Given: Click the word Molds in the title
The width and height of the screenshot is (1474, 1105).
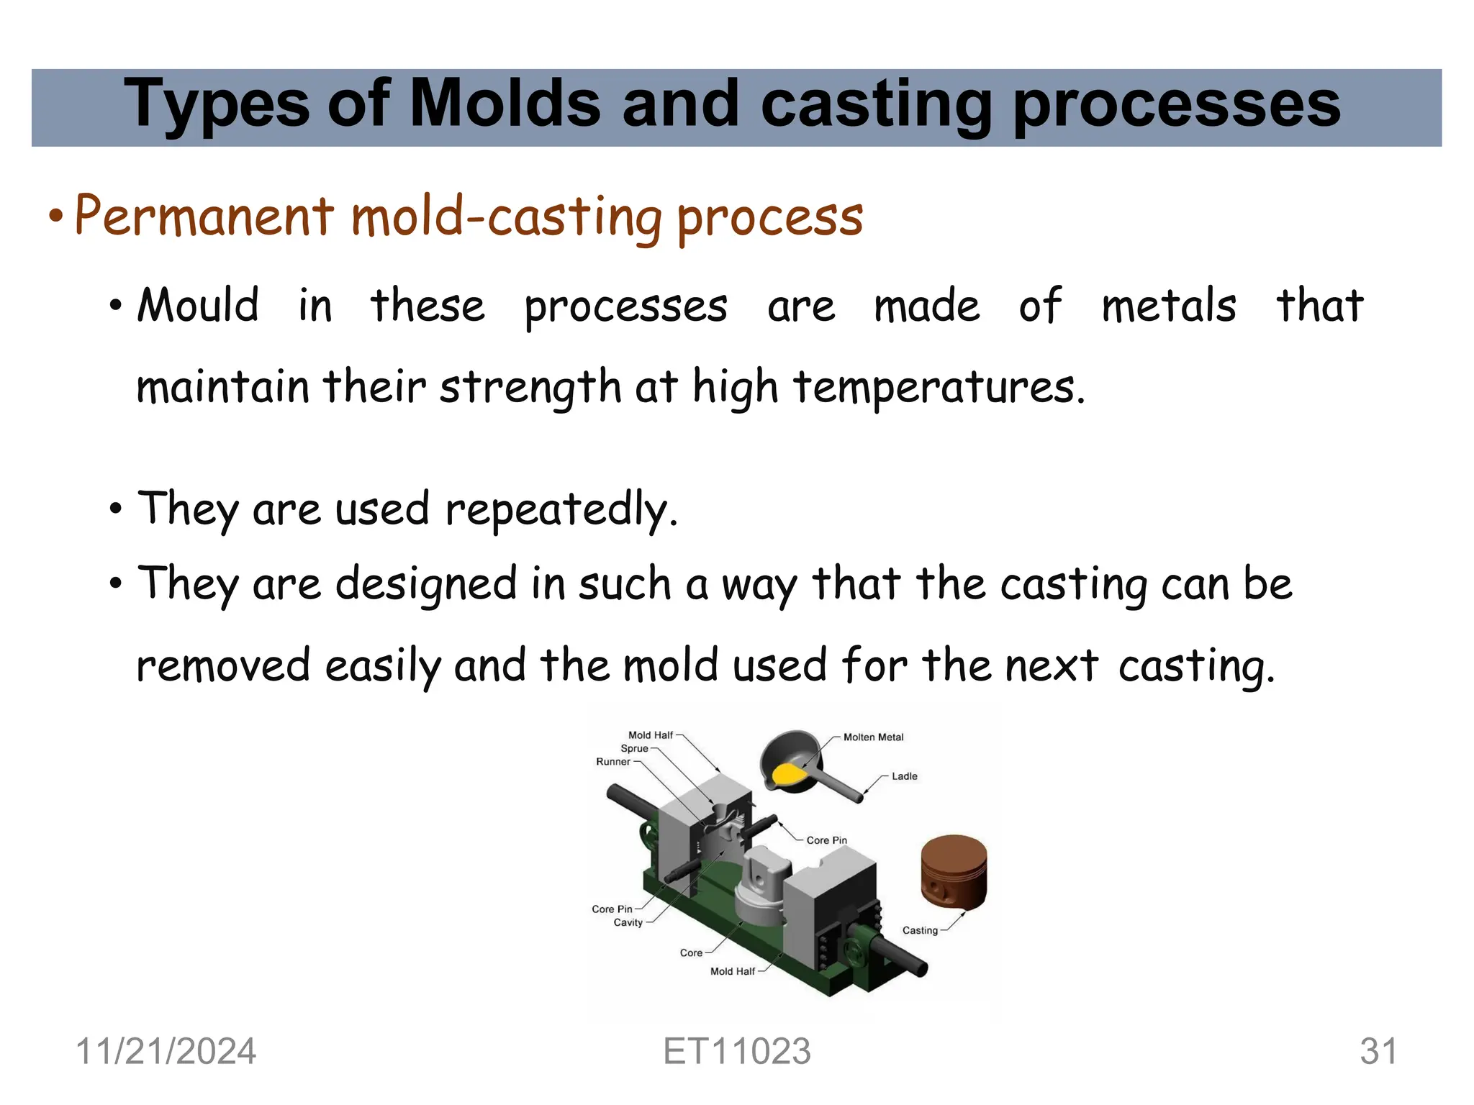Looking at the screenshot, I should [505, 105].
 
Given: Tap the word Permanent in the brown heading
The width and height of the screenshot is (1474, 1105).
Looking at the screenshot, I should [204, 215].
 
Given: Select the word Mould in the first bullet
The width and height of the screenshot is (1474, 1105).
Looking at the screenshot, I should [198, 305].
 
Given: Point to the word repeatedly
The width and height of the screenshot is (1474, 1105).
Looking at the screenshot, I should [561, 509].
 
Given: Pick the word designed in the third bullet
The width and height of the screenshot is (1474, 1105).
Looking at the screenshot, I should [426, 583].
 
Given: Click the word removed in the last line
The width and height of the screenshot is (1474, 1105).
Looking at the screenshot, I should [223, 665].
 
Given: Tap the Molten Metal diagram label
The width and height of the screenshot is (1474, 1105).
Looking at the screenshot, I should [873, 737].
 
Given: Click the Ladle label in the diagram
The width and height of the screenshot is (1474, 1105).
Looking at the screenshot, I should [904, 776].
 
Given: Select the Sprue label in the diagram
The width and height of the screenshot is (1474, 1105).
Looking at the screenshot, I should [634, 748].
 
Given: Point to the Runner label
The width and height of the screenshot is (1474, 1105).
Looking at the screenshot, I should [612, 762].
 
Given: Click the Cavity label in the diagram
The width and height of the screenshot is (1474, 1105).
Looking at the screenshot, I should [628, 922].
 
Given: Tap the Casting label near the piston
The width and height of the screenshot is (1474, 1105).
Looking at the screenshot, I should [920, 930].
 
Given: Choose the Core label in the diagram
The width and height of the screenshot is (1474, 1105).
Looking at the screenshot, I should [691, 952].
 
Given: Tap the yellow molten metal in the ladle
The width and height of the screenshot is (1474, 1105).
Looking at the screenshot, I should [787, 774].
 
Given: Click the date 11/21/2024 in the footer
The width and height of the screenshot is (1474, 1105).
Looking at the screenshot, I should [166, 1051].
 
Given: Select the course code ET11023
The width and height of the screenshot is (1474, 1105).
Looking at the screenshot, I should [736, 1051].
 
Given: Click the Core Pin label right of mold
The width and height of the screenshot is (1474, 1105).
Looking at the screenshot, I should [826, 840].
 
